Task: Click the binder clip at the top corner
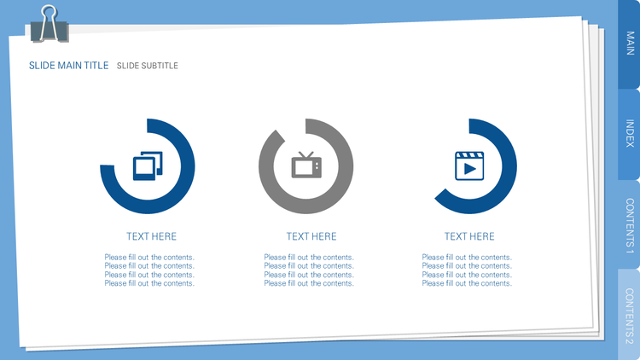pos(49,25)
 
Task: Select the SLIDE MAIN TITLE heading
pos(68,66)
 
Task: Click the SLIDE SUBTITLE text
pos(148,66)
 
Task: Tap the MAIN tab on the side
pos(630,44)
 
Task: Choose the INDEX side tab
pos(630,133)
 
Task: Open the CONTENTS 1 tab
pos(630,225)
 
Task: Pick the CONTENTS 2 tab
pos(630,315)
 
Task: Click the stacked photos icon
pos(148,165)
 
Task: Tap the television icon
pos(306,165)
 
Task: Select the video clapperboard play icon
pos(469,165)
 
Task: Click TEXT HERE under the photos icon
pos(151,236)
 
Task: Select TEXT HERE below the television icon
pos(311,236)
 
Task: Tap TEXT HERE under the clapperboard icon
pos(469,236)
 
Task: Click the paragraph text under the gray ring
pos(309,270)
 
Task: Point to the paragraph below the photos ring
pos(149,270)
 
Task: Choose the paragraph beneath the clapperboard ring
pos(467,270)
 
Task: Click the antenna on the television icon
pos(305,154)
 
